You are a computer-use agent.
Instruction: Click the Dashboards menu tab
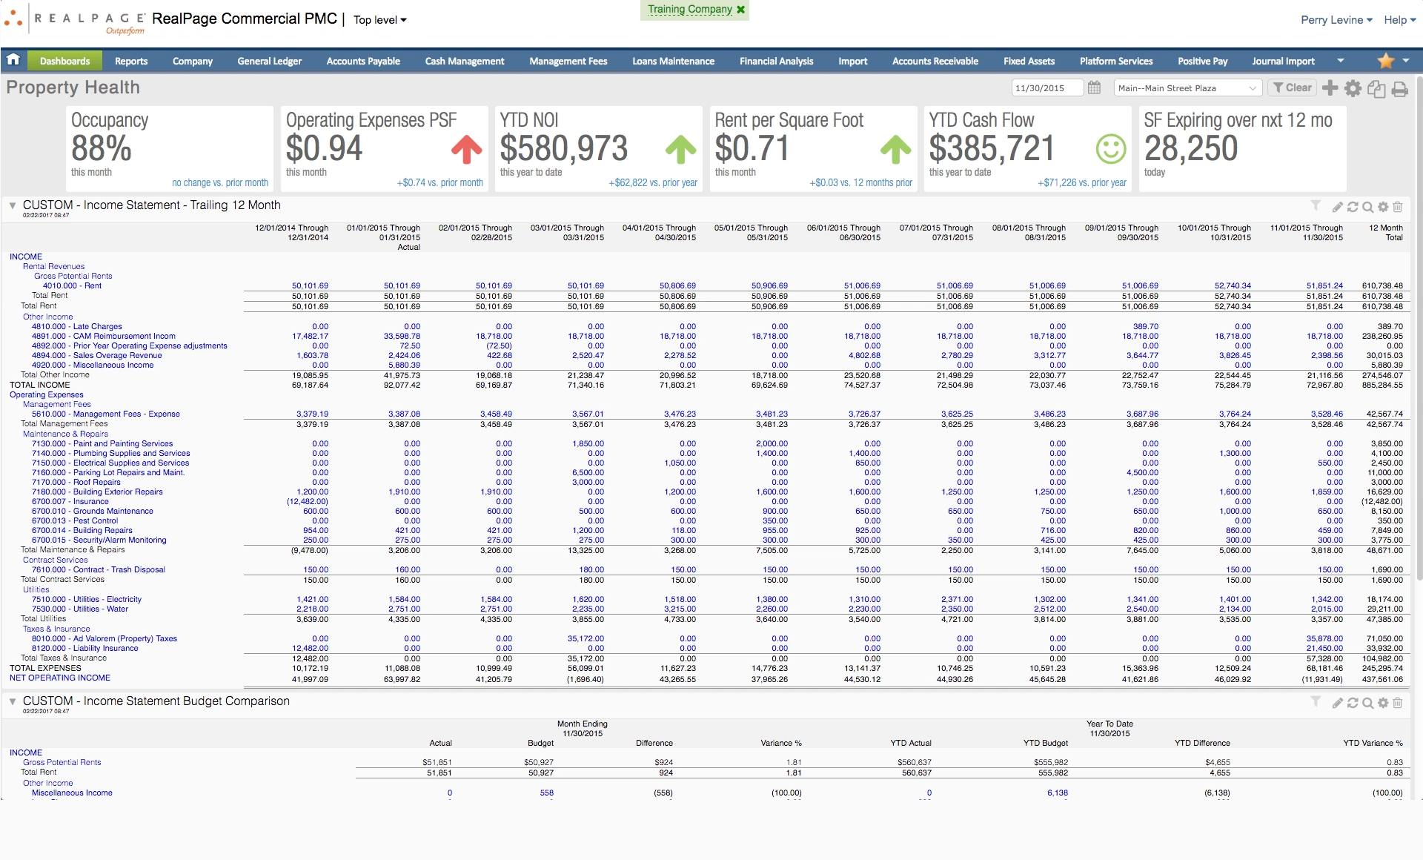(64, 62)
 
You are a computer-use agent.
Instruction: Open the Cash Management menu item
(464, 62)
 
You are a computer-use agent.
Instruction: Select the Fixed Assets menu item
(1029, 62)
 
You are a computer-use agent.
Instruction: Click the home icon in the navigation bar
(13, 60)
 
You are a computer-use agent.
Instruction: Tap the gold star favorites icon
(1385, 61)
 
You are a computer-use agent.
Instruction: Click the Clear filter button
(1292, 88)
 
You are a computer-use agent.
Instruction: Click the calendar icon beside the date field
(1094, 88)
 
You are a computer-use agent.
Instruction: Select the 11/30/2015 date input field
(1046, 88)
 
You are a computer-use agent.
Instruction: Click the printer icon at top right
(1399, 89)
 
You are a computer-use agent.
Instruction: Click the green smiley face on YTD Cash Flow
(1110, 149)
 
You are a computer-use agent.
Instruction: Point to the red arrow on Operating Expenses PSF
(466, 149)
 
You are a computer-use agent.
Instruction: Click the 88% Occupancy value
(102, 149)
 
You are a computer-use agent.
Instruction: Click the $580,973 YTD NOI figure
(563, 149)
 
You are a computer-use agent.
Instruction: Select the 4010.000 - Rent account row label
(72, 285)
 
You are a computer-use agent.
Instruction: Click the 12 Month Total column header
(1385, 233)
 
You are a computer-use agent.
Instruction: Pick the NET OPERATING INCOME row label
(60, 678)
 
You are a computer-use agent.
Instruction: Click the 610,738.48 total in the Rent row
(1381, 285)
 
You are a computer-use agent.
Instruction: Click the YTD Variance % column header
(1373, 743)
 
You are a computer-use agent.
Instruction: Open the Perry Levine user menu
(1336, 20)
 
